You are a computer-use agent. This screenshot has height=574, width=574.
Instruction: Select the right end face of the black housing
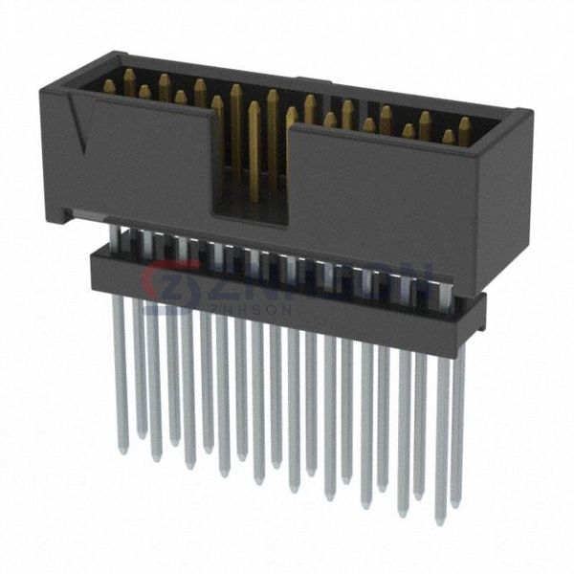coord(501,201)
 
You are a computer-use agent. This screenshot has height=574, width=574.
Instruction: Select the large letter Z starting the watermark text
coord(205,282)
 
